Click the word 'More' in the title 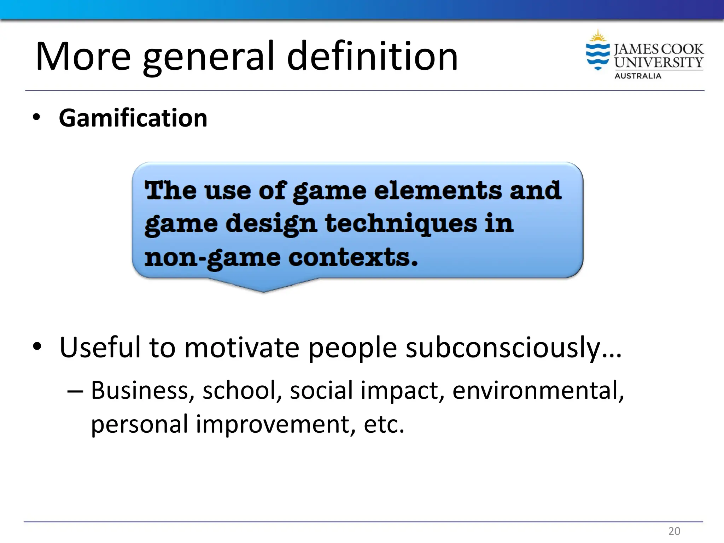click(x=83, y=57)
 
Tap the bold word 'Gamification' click(x=133, y=118)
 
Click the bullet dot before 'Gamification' click(x=36, y=118)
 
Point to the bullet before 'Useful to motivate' click(x=37, y=347)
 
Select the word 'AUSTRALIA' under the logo click(x=638, y=76)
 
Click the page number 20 click(x=674, y=531)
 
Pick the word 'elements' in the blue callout click(x=438, y=191)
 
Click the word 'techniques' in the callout click(x=401, y=224)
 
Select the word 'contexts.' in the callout click(x=353, y=257)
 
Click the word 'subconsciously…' click(x=514, y=348)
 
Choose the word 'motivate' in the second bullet click(x=241, y=348)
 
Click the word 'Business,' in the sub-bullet click(x=142, y=391)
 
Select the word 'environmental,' click(x=538, y=391)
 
